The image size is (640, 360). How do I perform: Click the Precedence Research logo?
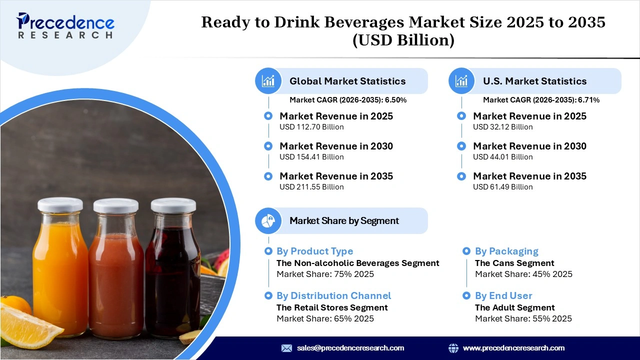coord(65,25)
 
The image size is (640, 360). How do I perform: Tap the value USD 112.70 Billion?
coord(311,127)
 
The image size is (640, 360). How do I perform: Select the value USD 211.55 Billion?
coord(311,187)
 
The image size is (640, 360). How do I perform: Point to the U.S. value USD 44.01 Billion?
coord(502,157)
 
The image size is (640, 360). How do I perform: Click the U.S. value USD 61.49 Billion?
coord(502,187)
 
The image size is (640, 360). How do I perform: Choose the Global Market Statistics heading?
coord(347,81)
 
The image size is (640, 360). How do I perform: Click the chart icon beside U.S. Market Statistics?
coord(461,81)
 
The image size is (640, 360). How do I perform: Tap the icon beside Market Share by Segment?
coord(268,220)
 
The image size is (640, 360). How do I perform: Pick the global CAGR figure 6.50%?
coord(395,100)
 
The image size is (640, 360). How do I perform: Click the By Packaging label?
coord(506,251)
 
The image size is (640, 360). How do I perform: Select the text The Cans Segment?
coord(514,263)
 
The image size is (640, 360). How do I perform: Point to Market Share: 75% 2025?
coord(325,274)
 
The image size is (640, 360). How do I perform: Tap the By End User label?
coord(503,296)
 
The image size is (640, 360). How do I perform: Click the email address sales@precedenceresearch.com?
coord(350,348)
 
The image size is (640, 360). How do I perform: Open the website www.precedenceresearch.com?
coord(513,348)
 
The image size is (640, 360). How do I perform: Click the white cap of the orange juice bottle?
coord(60,204)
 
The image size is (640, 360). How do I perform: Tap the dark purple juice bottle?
coord(172,280)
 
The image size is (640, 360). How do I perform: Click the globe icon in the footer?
coord(453,348)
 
